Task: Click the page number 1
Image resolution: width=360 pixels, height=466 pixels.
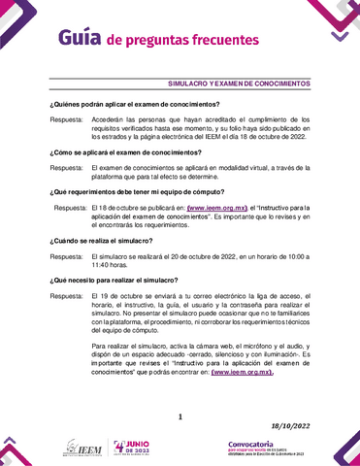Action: pos(180,417)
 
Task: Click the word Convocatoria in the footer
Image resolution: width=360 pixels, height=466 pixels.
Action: pos(242,443)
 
